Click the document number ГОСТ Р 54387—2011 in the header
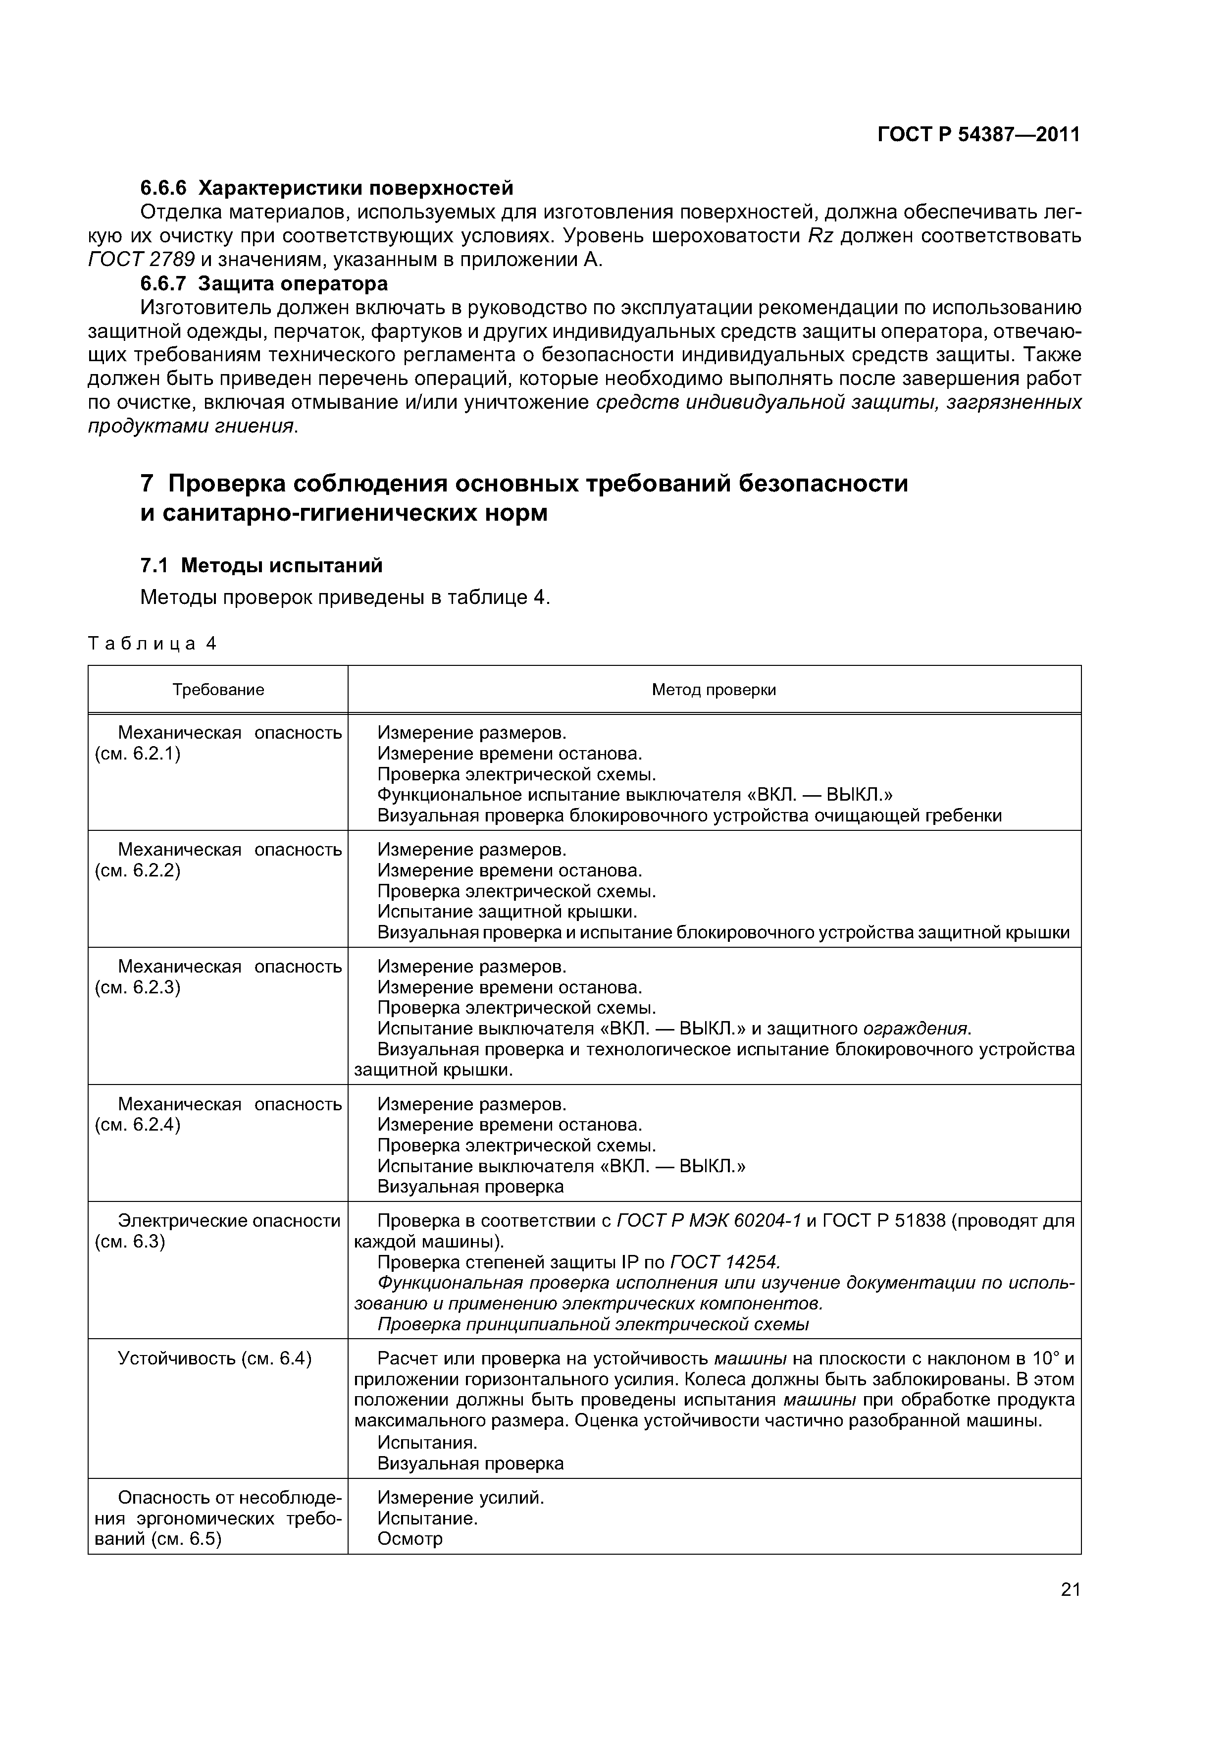pos(978,135)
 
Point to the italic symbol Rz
pos(819,236)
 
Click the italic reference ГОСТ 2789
pos(142,260)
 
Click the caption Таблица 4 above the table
pos(152,644)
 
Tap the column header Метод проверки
pos(714,690)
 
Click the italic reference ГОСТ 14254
pos(724,1262)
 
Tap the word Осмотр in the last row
pos(409,1539)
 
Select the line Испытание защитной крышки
pos(507,912)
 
